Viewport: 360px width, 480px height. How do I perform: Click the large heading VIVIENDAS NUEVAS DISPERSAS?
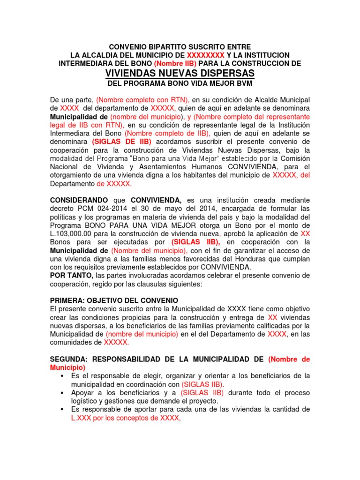coord(180,73)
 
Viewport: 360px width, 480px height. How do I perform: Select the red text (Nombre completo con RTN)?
coord(143,100)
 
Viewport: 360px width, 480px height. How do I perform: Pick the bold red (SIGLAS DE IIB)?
coord(121,141)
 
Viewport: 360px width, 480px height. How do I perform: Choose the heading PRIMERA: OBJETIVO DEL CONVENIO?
coord(114,300)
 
